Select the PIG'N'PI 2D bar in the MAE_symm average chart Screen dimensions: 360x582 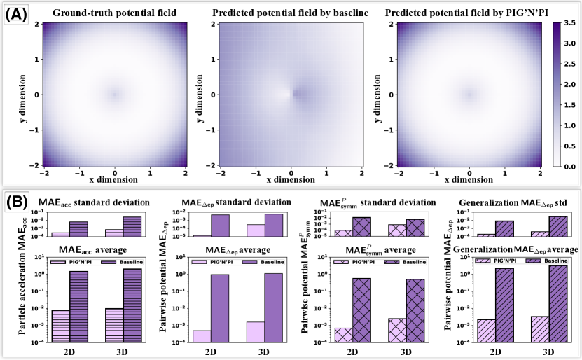tap(343, 334)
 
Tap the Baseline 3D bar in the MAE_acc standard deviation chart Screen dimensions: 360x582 tap(132, 226)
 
